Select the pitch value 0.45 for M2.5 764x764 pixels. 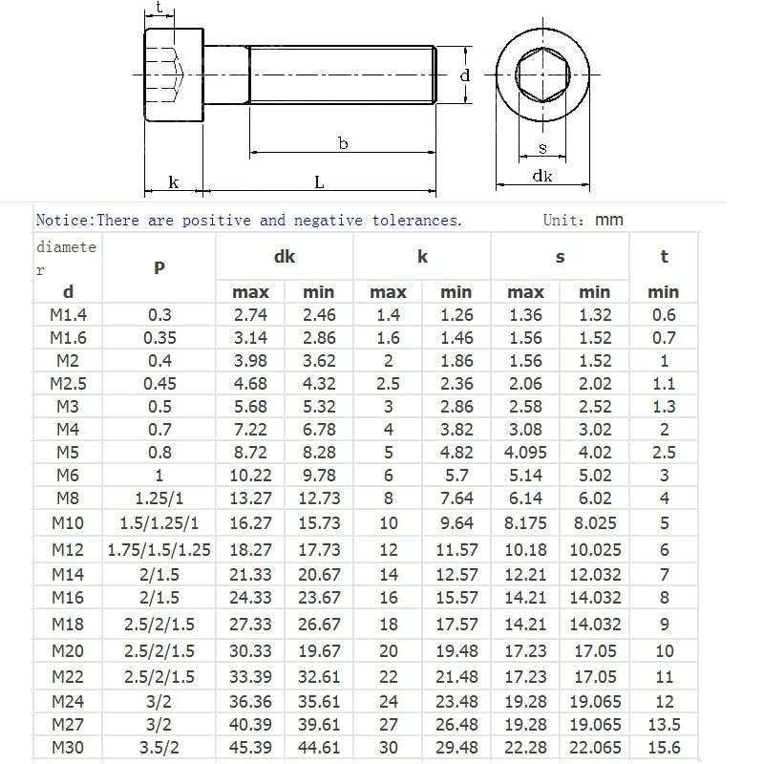(x=159, y=384)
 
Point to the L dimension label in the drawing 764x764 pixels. (x=319, y=181)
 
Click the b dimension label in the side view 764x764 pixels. (x=342, y=143)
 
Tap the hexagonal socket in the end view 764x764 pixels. (x=541, y=76)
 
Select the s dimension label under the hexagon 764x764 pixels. (x=542, y=148)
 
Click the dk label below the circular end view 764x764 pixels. (x=542, y=177)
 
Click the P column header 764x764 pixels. (x=159, y=267)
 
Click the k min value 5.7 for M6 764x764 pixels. (x=456, y=475)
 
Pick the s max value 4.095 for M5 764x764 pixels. (x=525, y=452)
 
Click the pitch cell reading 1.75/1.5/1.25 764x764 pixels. (x=159, y=550)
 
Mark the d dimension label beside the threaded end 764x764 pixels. (x=464, y=74)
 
